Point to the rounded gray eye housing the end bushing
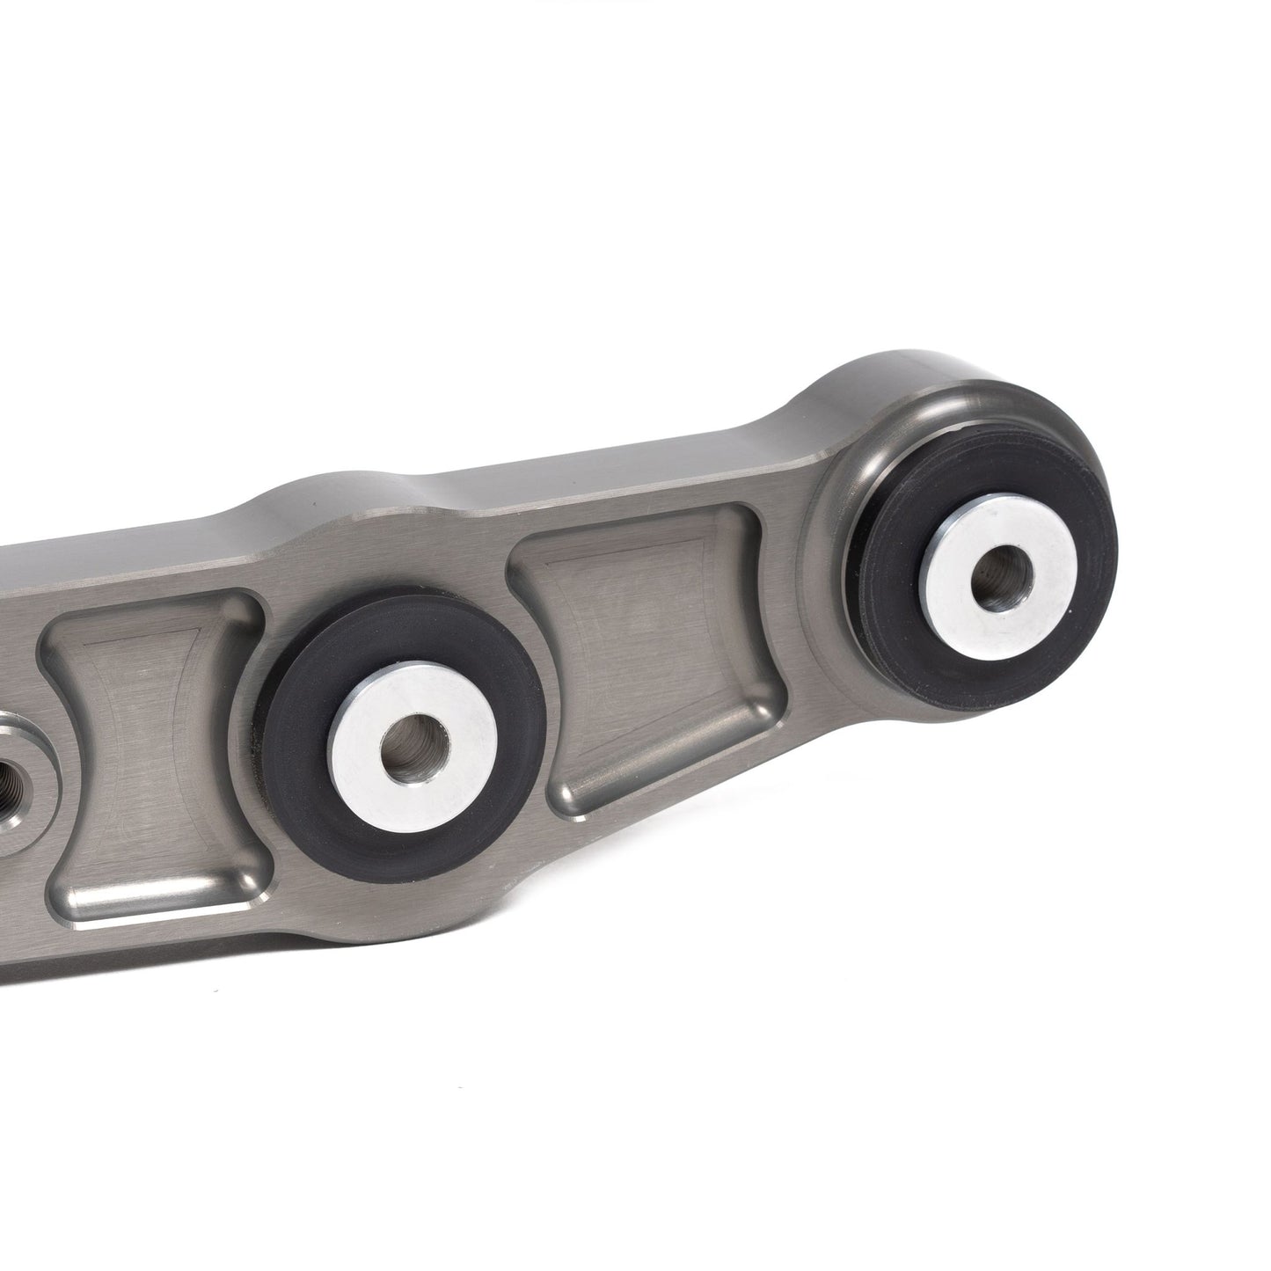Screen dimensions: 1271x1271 (880, 422)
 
